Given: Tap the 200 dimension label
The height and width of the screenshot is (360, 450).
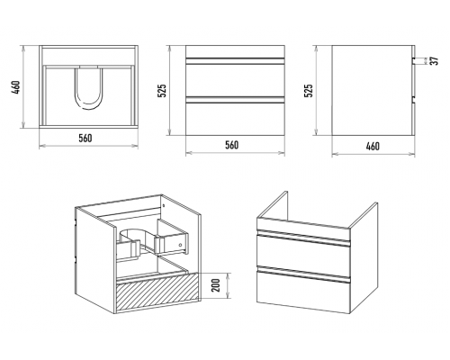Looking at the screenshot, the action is (216, 285).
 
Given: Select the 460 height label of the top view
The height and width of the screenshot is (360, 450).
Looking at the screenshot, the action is (17, 87).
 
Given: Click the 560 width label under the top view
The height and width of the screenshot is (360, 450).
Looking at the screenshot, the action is (85, 138).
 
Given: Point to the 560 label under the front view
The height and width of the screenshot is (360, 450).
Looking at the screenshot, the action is (231, 145).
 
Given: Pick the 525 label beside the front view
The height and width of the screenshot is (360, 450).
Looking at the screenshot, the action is (162, 91).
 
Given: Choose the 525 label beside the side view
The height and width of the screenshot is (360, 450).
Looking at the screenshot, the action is (309, 91).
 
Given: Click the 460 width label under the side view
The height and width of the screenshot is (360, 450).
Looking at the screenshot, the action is (373, 146).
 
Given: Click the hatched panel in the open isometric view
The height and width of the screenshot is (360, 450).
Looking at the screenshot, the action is (157, 292).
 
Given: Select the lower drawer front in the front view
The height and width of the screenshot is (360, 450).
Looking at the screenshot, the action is (235, 119).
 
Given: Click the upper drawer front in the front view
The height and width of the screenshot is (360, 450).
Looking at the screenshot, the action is (235, 80).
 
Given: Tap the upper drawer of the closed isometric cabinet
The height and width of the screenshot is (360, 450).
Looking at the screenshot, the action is (303, 254).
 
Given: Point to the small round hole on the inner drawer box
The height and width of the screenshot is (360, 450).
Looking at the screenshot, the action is (180, 245).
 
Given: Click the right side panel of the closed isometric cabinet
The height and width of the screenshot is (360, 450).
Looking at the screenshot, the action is (364, 258).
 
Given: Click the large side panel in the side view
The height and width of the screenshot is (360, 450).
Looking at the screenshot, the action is (372, 90).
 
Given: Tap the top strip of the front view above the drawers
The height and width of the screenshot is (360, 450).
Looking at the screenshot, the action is (235, 51).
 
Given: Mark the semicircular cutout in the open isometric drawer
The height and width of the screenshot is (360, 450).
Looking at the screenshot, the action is (136, 235).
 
